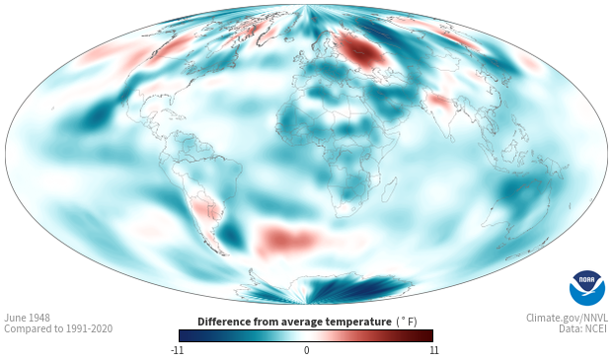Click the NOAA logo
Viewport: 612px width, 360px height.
[x=587, y=288]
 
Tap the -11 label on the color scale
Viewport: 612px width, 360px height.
[x=178, y=350]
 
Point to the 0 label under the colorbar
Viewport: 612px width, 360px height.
[x=306, y=350]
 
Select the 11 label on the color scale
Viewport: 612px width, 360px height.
[x=433, y=350]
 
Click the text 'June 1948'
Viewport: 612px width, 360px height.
[x=27, y=318]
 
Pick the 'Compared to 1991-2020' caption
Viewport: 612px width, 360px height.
[x=58, y=328]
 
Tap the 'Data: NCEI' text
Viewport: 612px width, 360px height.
[x=583, y=328]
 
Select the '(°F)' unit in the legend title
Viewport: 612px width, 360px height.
[x=407, y=322]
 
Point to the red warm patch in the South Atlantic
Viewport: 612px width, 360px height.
[x=287, y=239]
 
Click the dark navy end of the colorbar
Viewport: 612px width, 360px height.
[x=187, y=335]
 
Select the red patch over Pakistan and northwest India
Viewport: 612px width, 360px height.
[x=439, y=103]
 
